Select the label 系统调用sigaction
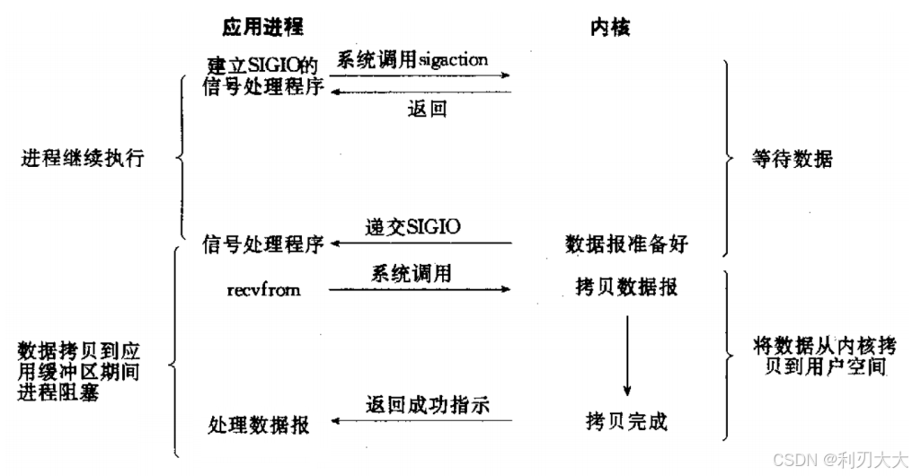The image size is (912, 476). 412,60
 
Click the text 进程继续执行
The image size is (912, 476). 82,159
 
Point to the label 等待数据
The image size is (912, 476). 792,160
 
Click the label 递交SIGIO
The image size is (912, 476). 413,226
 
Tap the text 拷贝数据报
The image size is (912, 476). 627,287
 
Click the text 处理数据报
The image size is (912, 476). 259,424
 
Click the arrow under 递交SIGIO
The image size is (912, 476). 421,243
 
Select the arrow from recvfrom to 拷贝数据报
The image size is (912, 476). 419,289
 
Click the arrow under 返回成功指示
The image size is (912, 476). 421,420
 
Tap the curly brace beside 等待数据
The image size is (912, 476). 730,160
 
